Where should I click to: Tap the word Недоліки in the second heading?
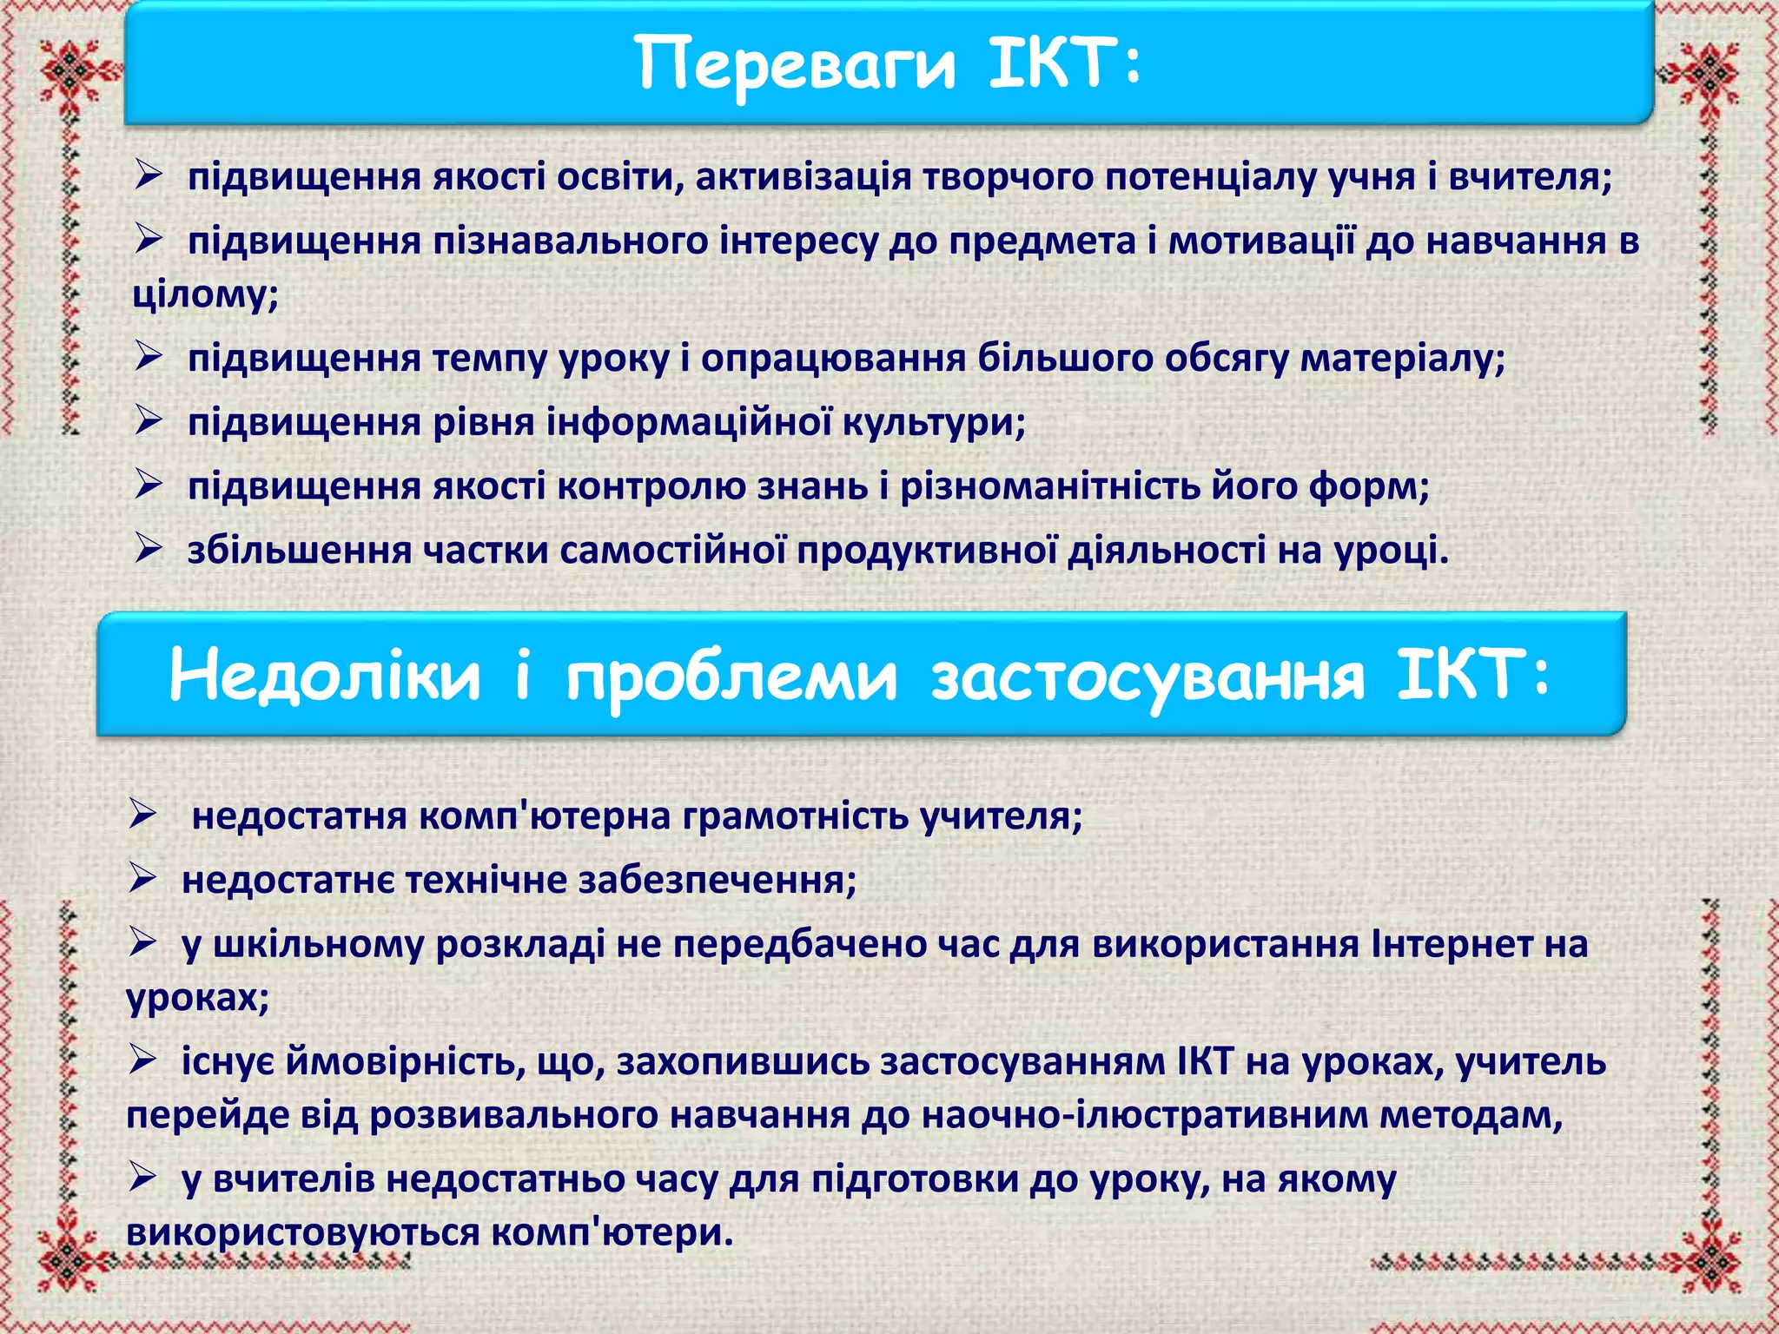pos(325,676)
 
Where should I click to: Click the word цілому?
pos(203,294)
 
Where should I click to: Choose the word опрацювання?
pos(833,358)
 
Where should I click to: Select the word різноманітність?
pos(1050,485)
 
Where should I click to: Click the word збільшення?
pos(299,550)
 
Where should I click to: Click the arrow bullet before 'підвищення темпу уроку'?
pos(149,357)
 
